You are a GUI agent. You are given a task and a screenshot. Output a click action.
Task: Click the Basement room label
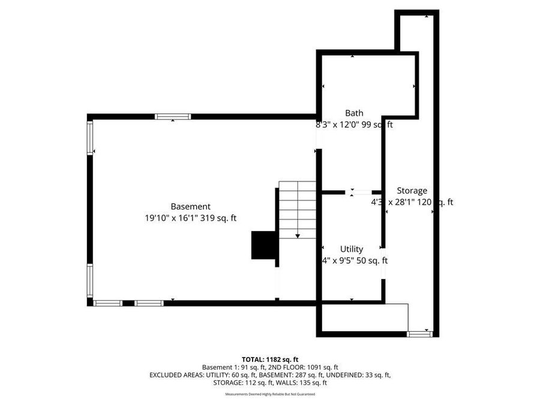coord(190,206)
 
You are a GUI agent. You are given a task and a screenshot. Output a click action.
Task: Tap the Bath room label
coord(354,113)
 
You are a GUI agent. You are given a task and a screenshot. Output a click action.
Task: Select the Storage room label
coord(412,191)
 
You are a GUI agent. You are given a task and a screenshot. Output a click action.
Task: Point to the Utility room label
coord(352,249)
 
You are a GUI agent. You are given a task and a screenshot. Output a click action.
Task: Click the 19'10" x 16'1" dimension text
coord(191,218)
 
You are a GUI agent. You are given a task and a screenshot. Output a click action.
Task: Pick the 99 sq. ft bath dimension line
coord(354,125)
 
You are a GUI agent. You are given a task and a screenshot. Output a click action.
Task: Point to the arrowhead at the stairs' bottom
coord(298,236)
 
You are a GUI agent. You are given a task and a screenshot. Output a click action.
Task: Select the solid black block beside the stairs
coord(262,245)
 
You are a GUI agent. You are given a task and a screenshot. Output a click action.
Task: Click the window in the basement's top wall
coord(173,116)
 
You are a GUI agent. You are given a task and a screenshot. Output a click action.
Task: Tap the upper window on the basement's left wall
coord(91,138)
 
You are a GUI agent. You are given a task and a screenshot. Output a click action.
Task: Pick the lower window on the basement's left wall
coord(91,280)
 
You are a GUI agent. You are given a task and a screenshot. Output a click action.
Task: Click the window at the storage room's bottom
coord(419,334)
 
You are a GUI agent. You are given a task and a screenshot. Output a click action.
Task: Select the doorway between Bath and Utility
coord(361,193)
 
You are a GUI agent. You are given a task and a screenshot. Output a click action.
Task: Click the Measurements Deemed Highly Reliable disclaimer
coord(269,394)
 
